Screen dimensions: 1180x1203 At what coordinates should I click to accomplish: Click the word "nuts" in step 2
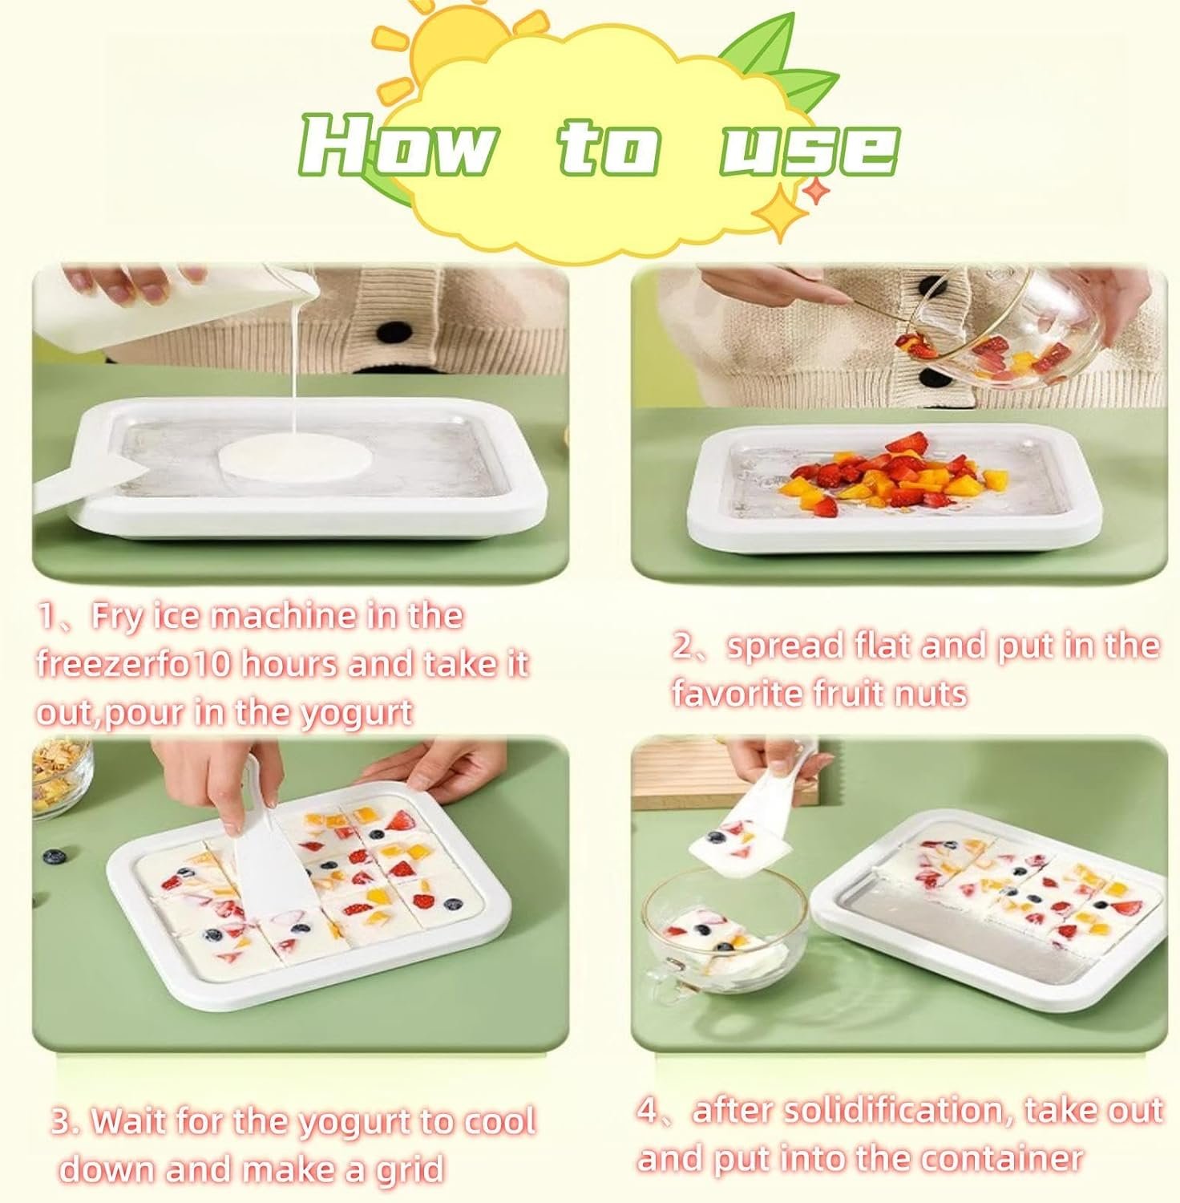click(x=927, y=692)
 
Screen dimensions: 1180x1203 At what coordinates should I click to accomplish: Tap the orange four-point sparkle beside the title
click(x=815, y=192)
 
